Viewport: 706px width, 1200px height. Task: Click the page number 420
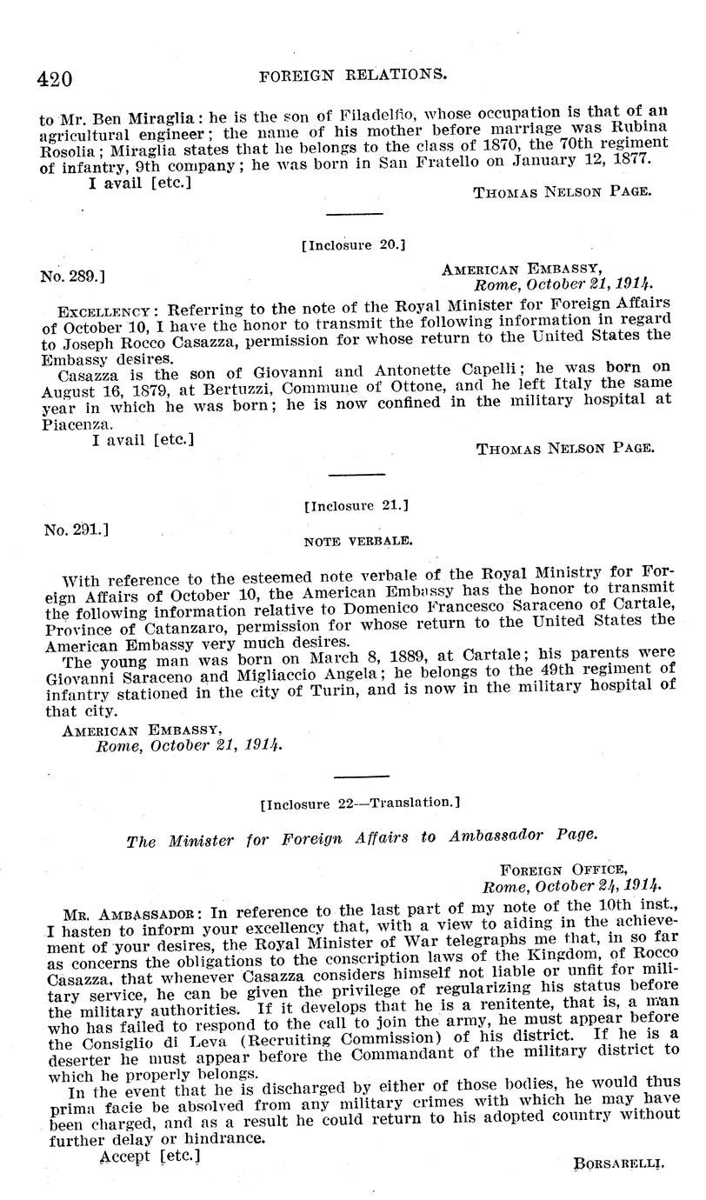[x=54, y=78]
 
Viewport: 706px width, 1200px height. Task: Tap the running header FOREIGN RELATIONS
[x=354, y=76]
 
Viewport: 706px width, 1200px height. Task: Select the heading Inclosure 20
[x=354, y=245]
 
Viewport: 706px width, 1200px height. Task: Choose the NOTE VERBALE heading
[x=357, y=540]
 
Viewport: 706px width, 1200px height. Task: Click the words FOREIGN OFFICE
[x=563, y=869]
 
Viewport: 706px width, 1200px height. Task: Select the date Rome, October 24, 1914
[x=569, y=884]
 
